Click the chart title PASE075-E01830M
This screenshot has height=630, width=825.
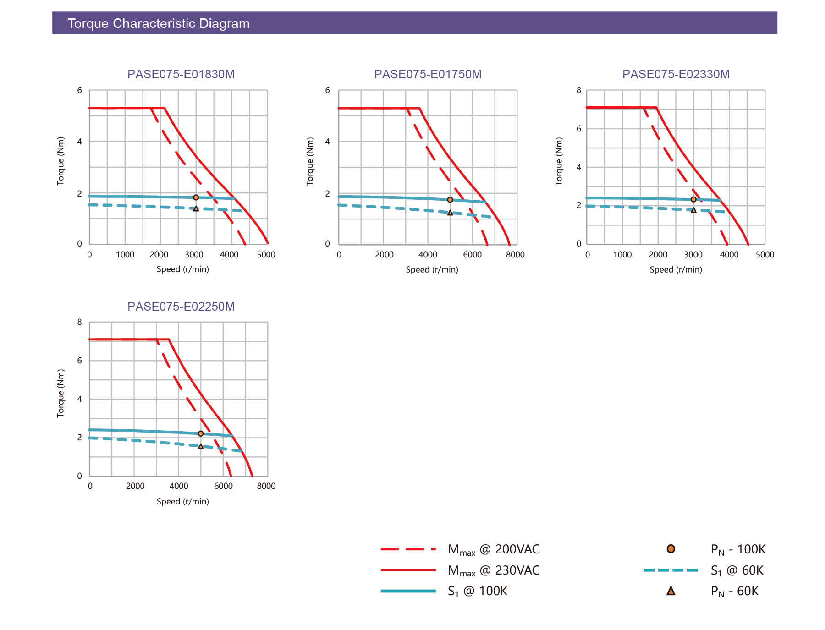tap(181, 74)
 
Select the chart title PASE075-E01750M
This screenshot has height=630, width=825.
tap(428, 74)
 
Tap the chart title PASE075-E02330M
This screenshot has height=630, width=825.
tap(676, 74)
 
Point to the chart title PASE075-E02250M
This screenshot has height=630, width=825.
tap(181, 307)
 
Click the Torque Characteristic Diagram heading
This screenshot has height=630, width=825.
tap(159, 23)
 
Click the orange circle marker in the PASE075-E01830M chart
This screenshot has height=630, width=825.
tap(196, 197)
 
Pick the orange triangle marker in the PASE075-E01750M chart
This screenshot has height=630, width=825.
tap(450, 213)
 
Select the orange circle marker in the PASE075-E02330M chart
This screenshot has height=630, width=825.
tap(693, 199)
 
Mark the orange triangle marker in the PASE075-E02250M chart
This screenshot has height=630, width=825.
tap(201, 446)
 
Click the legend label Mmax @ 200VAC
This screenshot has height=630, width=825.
tap(493, 549)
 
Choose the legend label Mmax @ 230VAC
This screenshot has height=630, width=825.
tap(493, 570)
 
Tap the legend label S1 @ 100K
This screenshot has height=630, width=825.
tap(477, 592)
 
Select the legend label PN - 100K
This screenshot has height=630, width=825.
tap(738, 549)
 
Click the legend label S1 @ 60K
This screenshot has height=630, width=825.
tap(737, 570)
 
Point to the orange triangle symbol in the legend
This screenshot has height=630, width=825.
tap(671, 591)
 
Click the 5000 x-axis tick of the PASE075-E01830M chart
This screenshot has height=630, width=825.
tap(266, 255)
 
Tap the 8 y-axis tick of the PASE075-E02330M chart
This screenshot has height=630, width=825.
tap(579, 90)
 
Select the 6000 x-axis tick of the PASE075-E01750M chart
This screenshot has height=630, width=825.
tap(472, 255)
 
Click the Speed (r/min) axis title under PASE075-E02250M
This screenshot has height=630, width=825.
tap(182, 501)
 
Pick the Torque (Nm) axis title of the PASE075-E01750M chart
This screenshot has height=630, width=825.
tap(310, 161)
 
